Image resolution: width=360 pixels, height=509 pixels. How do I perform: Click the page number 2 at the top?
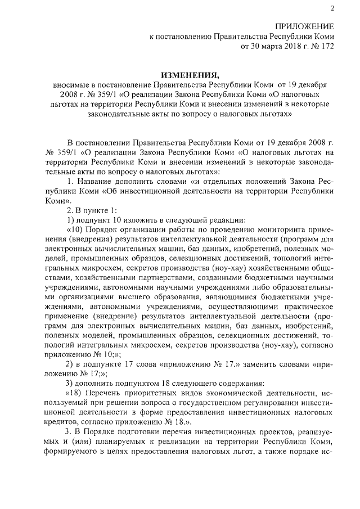332,8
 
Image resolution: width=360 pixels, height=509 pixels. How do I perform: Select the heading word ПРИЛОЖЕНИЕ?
304,27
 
